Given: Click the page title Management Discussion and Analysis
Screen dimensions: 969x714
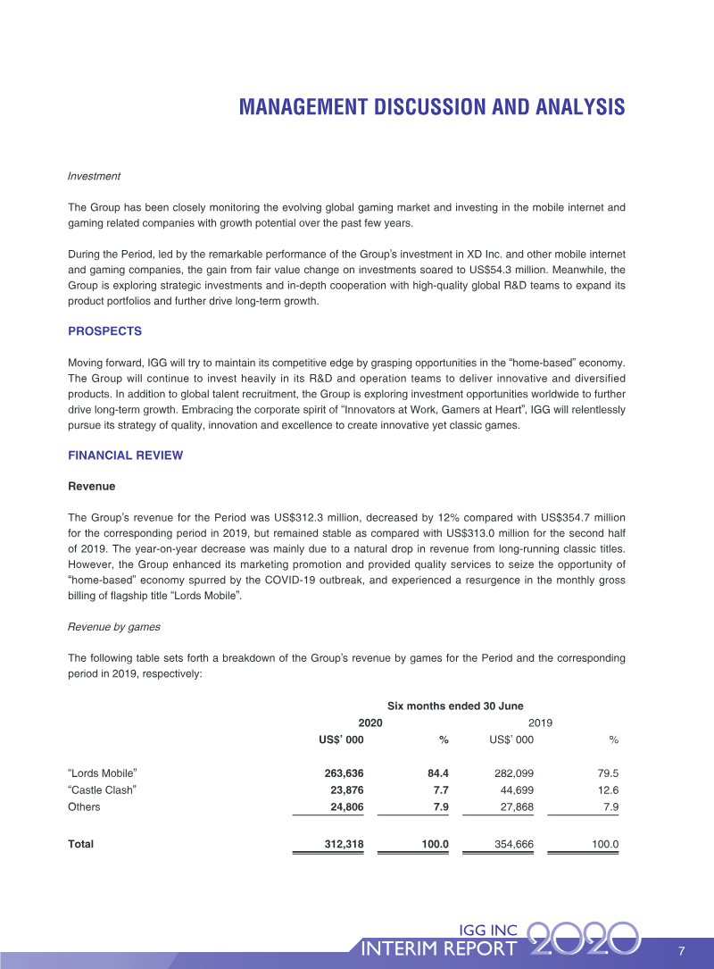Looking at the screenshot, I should tap(432, 107).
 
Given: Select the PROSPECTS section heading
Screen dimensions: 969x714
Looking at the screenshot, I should tap(104, 331).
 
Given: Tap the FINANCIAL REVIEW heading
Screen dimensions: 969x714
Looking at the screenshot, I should tap(125, 455).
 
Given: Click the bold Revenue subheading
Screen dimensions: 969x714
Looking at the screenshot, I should tap(91, 487).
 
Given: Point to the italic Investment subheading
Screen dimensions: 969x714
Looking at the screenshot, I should tap(94, 176).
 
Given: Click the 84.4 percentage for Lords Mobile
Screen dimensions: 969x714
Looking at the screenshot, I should tap(434, 773).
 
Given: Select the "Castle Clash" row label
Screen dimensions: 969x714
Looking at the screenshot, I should tap(103, 789).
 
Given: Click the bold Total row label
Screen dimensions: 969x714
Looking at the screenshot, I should tap(80, 844).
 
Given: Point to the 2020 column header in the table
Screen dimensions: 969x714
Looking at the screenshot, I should tap(370, 723).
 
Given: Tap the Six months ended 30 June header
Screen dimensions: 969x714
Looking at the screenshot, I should tap(455, 706).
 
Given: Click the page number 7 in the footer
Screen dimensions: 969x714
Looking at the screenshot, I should tap(681, 949).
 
